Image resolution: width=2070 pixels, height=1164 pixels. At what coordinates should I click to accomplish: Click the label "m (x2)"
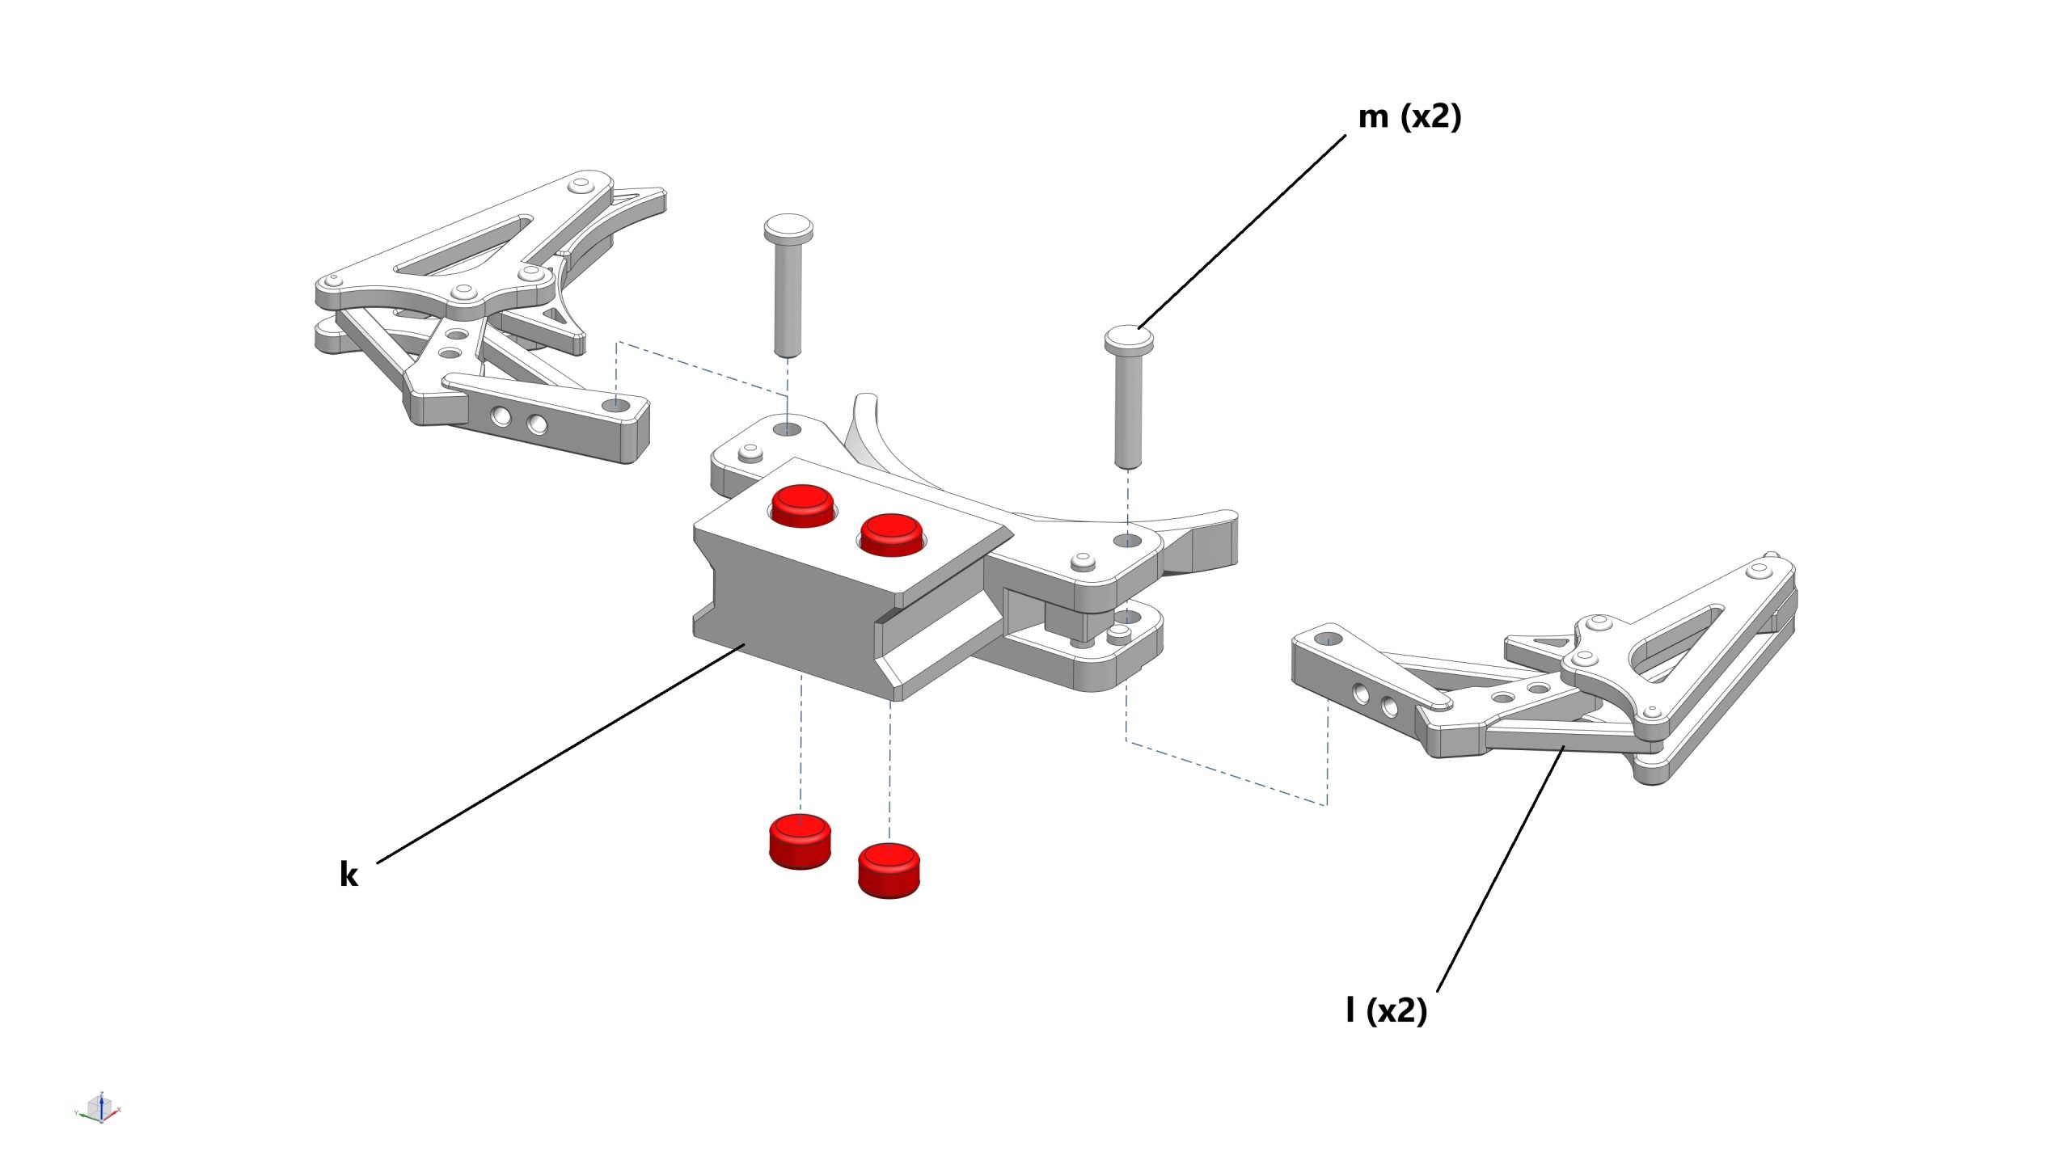click(1409, 117)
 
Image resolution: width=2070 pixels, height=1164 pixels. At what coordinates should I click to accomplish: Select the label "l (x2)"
click(1386, 1010)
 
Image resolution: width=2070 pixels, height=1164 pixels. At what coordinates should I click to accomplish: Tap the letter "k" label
click(349, 874)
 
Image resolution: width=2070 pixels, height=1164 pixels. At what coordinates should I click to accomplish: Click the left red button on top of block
click(804, 504)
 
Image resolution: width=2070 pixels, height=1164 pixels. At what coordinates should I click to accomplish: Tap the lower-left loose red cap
click(800, 841)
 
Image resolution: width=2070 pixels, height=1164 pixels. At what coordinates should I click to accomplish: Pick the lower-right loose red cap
click(889, 870)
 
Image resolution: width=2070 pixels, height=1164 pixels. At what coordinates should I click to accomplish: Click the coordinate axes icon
click(98, 1108)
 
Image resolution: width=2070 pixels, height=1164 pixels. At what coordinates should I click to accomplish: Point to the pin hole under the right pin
click(1127, 539)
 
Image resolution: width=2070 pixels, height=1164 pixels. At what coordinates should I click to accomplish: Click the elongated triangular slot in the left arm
click(463, 244)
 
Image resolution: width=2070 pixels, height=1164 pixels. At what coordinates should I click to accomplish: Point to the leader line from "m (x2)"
click(1242, 231)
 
